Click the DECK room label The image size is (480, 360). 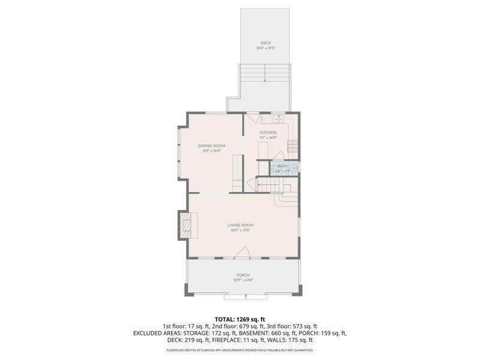coord(265,43)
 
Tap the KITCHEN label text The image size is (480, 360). coord(268,132)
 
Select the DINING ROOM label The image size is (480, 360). coord(211,146)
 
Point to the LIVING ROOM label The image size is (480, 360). coord(239,225)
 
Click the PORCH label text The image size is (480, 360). coord(243,275)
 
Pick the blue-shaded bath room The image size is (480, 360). coord(281,168)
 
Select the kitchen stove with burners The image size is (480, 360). coord(292,145)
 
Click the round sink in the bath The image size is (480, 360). coord(293,169)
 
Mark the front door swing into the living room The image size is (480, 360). coord(243,253)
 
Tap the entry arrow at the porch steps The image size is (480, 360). coord(246,296)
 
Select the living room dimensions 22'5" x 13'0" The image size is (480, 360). coord(239,230)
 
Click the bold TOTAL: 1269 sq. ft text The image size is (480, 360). coord(240,319)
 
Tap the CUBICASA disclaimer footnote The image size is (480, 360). coord(240,350)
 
